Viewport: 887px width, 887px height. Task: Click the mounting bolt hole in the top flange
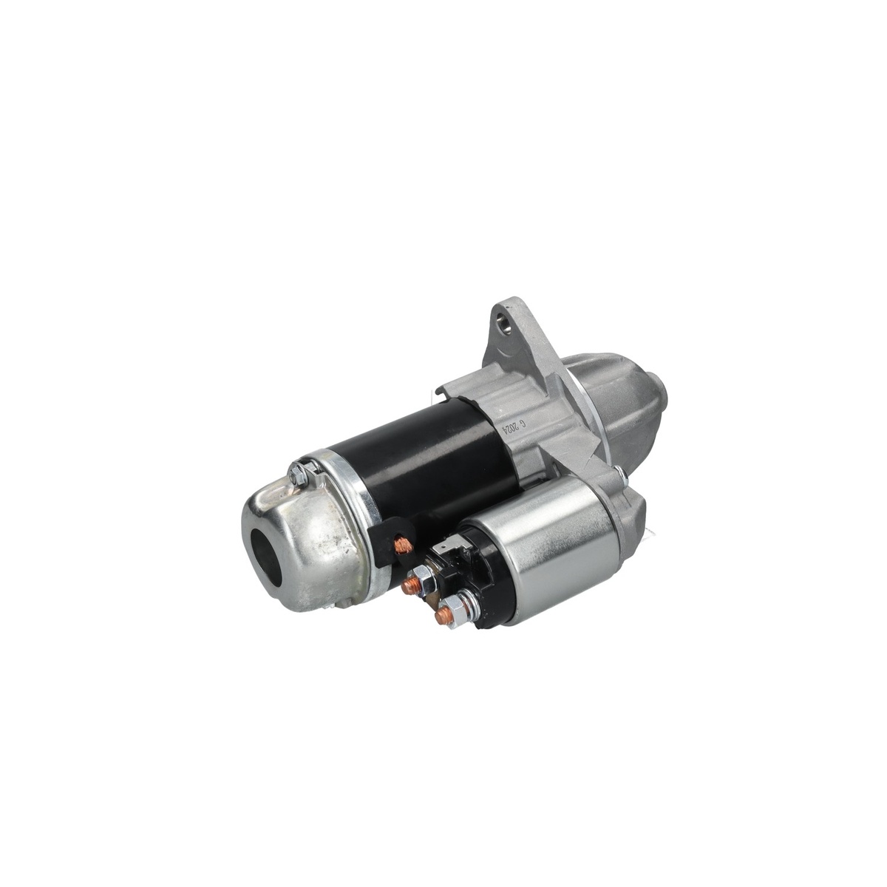point(507,324)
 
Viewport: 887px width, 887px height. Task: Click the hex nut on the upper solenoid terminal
point(421,580)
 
